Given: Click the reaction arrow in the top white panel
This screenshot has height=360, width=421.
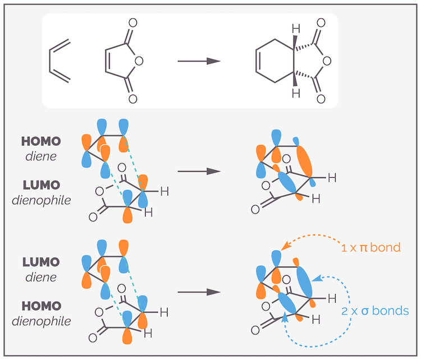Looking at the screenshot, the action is coord(199,61).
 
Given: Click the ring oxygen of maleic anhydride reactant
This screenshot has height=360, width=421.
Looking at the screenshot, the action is coord(139,61).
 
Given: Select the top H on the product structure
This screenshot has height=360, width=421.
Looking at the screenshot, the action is coord(296,29).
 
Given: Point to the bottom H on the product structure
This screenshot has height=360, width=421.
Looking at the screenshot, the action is coord(296,93).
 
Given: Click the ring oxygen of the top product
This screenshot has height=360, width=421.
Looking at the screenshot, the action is coord(327,61).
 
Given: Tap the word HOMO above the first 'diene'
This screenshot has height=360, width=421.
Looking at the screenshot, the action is coord(41,141).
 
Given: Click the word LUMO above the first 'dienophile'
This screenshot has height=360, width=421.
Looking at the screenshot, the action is coord(42,185).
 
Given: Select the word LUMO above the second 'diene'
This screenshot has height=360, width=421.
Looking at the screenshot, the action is coord(41,262).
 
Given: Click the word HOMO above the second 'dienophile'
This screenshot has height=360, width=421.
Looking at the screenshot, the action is coord(42,306).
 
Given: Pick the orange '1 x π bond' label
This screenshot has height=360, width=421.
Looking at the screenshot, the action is coord(371,247).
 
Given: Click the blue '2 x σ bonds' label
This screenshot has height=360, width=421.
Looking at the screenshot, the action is coord(375,311).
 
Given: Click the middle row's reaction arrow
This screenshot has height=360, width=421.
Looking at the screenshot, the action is coord(199,171).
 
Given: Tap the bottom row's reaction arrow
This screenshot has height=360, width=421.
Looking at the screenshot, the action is coord(199,292).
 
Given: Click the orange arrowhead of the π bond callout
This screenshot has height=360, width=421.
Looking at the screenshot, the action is coord(285,246).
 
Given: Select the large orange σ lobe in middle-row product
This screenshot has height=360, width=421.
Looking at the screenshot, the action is coord(304,160).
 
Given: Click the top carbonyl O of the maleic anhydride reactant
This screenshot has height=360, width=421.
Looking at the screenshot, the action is coord(132,23).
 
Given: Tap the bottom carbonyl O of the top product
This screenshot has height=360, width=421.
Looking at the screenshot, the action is coord(321,99).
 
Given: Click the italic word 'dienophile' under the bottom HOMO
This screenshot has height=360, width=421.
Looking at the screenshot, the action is coord(42,321).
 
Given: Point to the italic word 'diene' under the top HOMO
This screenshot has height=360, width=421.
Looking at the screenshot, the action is coord(41,156).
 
